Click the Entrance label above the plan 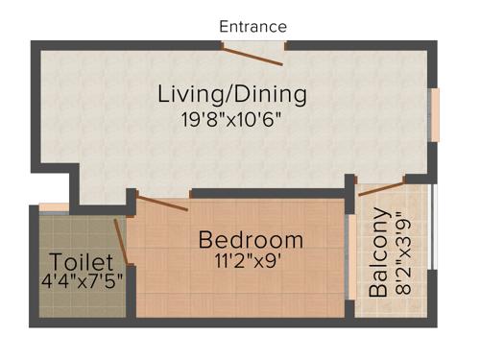(252, 26)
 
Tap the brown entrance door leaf (256, 57)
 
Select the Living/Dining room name (232, 95)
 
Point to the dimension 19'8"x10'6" (232, 122)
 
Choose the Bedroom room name (251, 239)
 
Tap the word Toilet (82, 262)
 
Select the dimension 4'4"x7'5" (82, 283)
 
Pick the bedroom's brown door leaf (162, 202)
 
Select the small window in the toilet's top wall (54, 206)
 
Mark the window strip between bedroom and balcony (348, 254)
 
